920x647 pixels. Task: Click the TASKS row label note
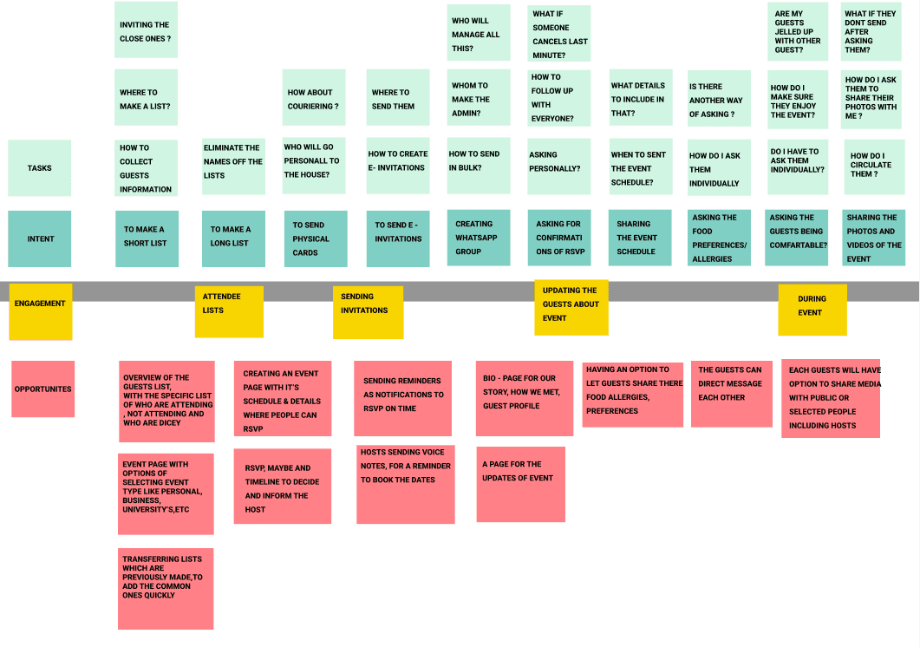40,167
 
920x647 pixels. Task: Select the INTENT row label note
40,239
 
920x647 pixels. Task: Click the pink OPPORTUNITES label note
43,389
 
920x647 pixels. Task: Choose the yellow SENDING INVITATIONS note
368,310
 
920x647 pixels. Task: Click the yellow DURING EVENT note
812,308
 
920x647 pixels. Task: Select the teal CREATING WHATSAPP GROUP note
479,238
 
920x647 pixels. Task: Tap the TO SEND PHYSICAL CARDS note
315,239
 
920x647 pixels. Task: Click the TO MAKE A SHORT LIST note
147,239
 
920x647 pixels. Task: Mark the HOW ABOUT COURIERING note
315,99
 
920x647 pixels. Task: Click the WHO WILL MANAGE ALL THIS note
479,34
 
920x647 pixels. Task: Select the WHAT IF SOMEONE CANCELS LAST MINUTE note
559,34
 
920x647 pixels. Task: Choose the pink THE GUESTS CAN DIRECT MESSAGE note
731,393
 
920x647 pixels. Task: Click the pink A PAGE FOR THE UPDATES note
520,484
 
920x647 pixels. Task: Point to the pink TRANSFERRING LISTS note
166,587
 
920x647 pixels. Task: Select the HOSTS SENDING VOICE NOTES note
406,484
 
